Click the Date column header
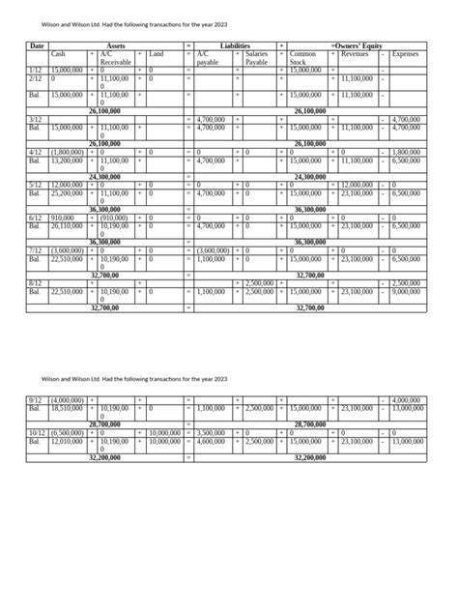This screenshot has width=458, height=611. (x=36, y=45)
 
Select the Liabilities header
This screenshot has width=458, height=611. (x=236, y=45)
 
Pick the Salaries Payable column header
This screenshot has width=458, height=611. (x=257, y=58)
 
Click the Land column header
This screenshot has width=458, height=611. (x=160, y=54)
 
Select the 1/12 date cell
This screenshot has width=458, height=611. (x=35, y=71)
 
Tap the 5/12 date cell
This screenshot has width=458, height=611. (x=35, y=184)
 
